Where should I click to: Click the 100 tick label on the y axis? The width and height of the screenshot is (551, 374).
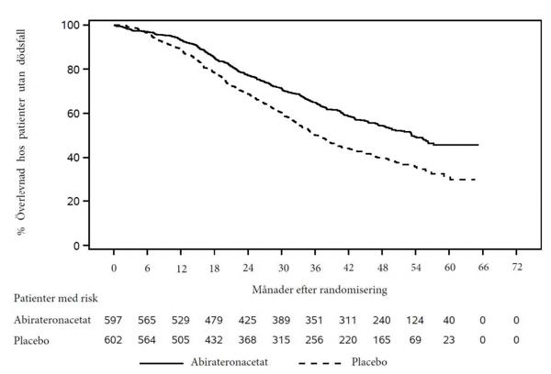point(71,26)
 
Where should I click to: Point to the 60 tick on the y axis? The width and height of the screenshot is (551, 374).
point(85,114)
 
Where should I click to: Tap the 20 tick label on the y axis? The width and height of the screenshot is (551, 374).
point(73,202)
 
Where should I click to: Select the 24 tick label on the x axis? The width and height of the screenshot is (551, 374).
point(248,268)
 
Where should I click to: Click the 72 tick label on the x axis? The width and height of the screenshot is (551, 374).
point(516,268)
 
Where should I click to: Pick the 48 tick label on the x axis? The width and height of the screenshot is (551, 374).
point(382,268)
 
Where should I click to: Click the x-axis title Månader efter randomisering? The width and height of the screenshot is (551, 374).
point(320,290)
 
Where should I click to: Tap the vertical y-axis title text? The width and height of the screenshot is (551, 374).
point(21,133)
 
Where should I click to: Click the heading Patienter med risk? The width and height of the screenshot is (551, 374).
point(55,298)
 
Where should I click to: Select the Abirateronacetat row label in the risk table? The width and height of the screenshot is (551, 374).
point(52,320)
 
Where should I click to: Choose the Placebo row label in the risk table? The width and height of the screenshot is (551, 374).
point(31,340)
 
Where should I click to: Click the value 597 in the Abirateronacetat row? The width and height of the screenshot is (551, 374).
point(113,320)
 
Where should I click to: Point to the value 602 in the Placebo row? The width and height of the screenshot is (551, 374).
point(113,340)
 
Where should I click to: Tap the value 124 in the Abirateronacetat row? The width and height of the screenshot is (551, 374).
point(415,320)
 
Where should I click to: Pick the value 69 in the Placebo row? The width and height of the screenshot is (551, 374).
point(415,340)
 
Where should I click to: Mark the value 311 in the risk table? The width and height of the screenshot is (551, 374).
point(348,320)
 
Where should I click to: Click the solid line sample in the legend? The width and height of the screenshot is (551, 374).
point(162,363)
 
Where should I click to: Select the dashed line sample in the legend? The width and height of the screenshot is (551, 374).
point(320,363)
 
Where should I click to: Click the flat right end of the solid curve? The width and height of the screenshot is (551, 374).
point(478,145)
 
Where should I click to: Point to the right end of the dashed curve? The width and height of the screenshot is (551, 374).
point(476,180)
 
